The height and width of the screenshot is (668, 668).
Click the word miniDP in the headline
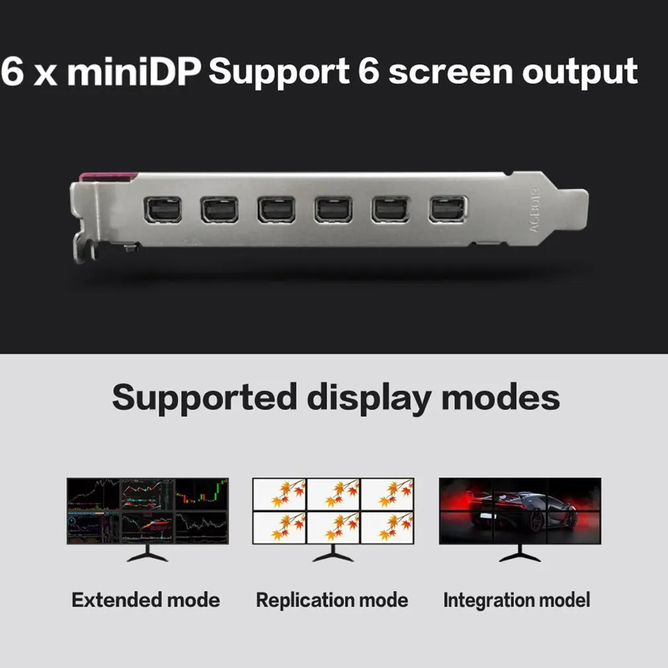[x=134, y=71]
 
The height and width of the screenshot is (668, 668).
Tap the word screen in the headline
[x=450, y=73]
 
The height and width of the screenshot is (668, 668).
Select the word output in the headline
[x=580, y=73]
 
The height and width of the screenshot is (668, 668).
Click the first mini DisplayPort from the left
[x=162, y=210]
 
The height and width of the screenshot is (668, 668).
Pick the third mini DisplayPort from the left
[x=276, y=210]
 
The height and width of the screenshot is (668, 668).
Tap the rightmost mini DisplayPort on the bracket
[x=448, y=209]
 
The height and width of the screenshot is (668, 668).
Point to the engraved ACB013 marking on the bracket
[x=535, y=210]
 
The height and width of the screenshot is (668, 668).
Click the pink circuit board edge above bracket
[x=108, y=177]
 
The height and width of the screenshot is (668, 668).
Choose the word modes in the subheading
[x=501, y=397]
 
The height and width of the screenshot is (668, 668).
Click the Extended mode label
[x=146, y=600]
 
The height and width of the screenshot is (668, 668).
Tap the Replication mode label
[x=332, y=601]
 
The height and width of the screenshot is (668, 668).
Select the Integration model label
[x=517, y=601]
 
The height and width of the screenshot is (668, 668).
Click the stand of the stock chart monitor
[x=147, y=554]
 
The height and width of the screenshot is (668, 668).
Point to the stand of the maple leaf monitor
[x=333, y=554]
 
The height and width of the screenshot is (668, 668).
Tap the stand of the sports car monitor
[x=520, y=554]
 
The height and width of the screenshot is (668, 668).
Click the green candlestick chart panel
[x=202, y=494]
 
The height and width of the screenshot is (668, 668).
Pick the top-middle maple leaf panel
[x=333, y=494]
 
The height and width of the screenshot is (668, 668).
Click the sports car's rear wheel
[x=536, y=521]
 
